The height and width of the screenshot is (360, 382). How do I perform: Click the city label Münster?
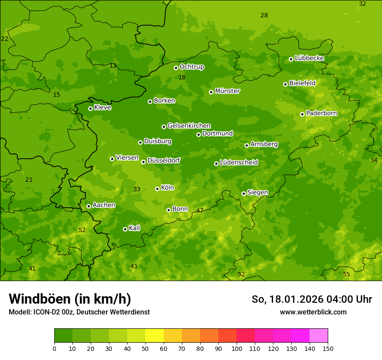(x=227, y=91)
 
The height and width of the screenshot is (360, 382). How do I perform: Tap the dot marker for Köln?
(x=157, y=189)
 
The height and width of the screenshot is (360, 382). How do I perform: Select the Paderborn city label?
(x=322, y=113)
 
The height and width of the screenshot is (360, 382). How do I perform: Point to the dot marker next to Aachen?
(x=89, y=206)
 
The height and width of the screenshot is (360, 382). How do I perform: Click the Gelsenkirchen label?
(x=189, y=126)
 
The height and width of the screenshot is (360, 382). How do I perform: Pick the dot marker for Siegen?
(x=244, y=193)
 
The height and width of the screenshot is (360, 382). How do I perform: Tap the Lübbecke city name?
(x=309, y=58)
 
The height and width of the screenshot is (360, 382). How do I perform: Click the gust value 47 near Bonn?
(x=200, y=211)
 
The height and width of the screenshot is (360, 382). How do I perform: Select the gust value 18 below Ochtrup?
(x=182, y=78)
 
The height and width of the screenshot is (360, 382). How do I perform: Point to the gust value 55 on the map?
(x=346, y=275)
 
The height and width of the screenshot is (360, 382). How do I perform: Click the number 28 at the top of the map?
(x=264, y=16)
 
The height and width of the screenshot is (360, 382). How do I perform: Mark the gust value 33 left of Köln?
(x=137, y=190)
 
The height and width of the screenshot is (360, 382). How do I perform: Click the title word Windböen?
(x=40, y=299)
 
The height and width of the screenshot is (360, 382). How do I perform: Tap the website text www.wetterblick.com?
(x=313, y=312)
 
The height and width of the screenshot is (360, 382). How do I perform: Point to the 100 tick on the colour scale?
(x=237, y=348)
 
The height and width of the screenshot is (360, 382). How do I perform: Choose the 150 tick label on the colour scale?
(x=328, y=348)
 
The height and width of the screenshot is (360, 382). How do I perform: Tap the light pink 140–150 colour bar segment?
(x=319, y=336)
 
